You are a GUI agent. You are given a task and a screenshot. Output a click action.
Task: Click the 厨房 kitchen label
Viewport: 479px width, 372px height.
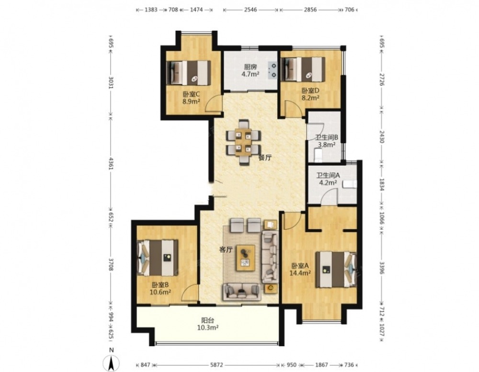[x=251, y=67]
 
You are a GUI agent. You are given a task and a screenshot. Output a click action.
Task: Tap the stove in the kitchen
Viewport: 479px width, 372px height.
[x=273, y=70]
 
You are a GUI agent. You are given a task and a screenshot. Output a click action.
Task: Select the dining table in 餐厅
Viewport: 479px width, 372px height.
[x=243, y=142]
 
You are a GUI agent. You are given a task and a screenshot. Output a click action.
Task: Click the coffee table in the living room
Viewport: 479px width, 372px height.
[x=246, y=258]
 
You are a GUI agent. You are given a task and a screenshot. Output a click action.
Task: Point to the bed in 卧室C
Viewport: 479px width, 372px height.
[x=188, y=73]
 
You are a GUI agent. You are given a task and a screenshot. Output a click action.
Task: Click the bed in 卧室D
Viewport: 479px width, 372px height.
[x=303, y=69]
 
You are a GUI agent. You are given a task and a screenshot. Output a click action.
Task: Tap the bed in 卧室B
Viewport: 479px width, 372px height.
[x=158, y=258]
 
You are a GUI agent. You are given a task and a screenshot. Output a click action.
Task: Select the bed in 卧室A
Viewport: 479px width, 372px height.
[x=336, y=270]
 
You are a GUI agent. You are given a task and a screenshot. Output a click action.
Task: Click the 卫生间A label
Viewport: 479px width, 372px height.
[x=328, y=176]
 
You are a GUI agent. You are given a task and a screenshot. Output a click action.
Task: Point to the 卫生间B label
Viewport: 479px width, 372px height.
[x=327, y=138]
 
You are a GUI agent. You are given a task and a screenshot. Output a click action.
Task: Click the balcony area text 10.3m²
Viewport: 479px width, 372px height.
[x=207, y=327]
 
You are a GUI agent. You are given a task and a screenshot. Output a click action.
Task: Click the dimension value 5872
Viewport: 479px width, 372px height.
[x=217, y=365]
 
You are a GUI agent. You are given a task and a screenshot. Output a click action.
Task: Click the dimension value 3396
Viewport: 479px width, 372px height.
[x=382, y=268]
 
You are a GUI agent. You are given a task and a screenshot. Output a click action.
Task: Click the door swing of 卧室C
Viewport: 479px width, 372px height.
[x=214, y=103]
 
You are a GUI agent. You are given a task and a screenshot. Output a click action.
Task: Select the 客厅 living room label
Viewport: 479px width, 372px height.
[x=226, y=250]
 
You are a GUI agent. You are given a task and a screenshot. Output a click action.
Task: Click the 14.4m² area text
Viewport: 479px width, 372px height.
[x=300, y=273]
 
